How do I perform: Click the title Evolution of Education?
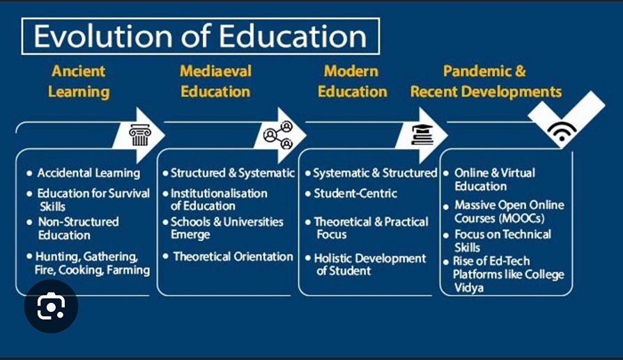(x=201, y=37)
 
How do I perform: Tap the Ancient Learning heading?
(x=79, y=81)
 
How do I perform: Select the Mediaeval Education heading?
(x=215, y=81)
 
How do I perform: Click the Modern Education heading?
(x=353, y=81)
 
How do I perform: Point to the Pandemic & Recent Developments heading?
(x=486, y=81)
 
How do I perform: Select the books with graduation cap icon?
(x=422, y=134)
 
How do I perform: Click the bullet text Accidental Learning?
(x=89, y=173)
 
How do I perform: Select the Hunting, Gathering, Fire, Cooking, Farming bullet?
(x=93, y=263)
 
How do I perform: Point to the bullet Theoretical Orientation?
(x=233, y=256)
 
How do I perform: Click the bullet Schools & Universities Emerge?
(x=226, y=228)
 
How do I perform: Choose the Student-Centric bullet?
(x=355, y=193)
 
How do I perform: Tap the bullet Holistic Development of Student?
(x=369, y=265)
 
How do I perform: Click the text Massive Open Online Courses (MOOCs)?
(x=509, y=212)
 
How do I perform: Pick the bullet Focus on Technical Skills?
(x=502, y=241)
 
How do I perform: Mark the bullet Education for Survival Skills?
(x=93, y=200)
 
